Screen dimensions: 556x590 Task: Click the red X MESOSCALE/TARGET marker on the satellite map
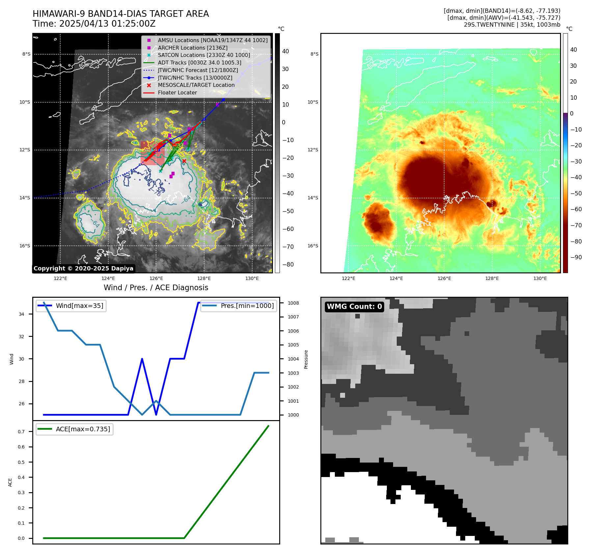coord(184,161)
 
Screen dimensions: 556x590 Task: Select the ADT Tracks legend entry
coord(199,63)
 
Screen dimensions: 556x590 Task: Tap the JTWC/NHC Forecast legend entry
coord(198,70)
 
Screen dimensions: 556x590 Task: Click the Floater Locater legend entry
coord(177,92)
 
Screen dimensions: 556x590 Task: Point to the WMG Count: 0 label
coord(354,307)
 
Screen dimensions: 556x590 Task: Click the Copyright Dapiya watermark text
coord(83,268)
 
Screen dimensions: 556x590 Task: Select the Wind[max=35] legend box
coord(71,306)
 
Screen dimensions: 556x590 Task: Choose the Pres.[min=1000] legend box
coord(238,306)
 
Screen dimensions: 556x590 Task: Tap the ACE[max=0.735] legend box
coord(74,429)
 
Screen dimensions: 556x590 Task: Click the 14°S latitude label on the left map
coord(25,198)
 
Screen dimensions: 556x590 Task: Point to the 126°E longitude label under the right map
coord(444,278)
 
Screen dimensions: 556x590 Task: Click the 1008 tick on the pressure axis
coord(293,303)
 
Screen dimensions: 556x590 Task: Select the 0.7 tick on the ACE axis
coord(21,432)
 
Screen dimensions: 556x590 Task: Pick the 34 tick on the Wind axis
coord(21,314)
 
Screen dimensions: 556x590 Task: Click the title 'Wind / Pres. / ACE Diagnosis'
coord(156,288)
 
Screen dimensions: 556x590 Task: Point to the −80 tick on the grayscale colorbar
coord(288,265)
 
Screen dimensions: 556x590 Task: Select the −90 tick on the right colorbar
coord(576,257)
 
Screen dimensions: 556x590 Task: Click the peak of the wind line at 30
coord(142,359)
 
